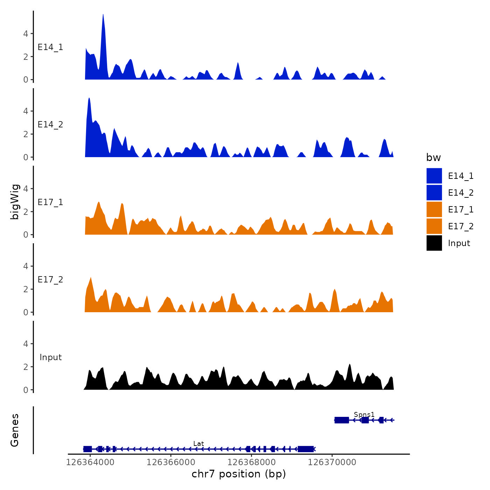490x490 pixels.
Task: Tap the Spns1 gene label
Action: (364, 414)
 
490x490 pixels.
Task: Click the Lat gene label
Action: (198, 443)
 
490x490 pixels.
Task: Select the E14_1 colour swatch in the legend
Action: (434, 176)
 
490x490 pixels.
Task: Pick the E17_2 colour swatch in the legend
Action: (434, 226)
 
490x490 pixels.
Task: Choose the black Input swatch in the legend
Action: (434, 243)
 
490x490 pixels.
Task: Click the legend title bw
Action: (433, 157)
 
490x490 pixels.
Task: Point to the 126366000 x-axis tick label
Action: (171, 462)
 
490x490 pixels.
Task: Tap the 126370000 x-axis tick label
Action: (332, 462)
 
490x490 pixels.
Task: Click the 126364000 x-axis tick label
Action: (90, 462)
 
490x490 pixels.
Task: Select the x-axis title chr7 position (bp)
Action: (239, 474)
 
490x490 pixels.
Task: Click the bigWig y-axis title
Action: (15, 202)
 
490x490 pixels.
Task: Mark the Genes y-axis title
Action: (15, 430)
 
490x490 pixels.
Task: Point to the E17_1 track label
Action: (50, 202)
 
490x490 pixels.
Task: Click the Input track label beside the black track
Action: (50, 357)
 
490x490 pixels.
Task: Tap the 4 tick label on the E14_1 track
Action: (26, 34)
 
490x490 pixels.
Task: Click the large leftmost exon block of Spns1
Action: (342, 420)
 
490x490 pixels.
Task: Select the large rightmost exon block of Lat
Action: (306, 449)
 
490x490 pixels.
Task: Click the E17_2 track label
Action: (50, 279)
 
